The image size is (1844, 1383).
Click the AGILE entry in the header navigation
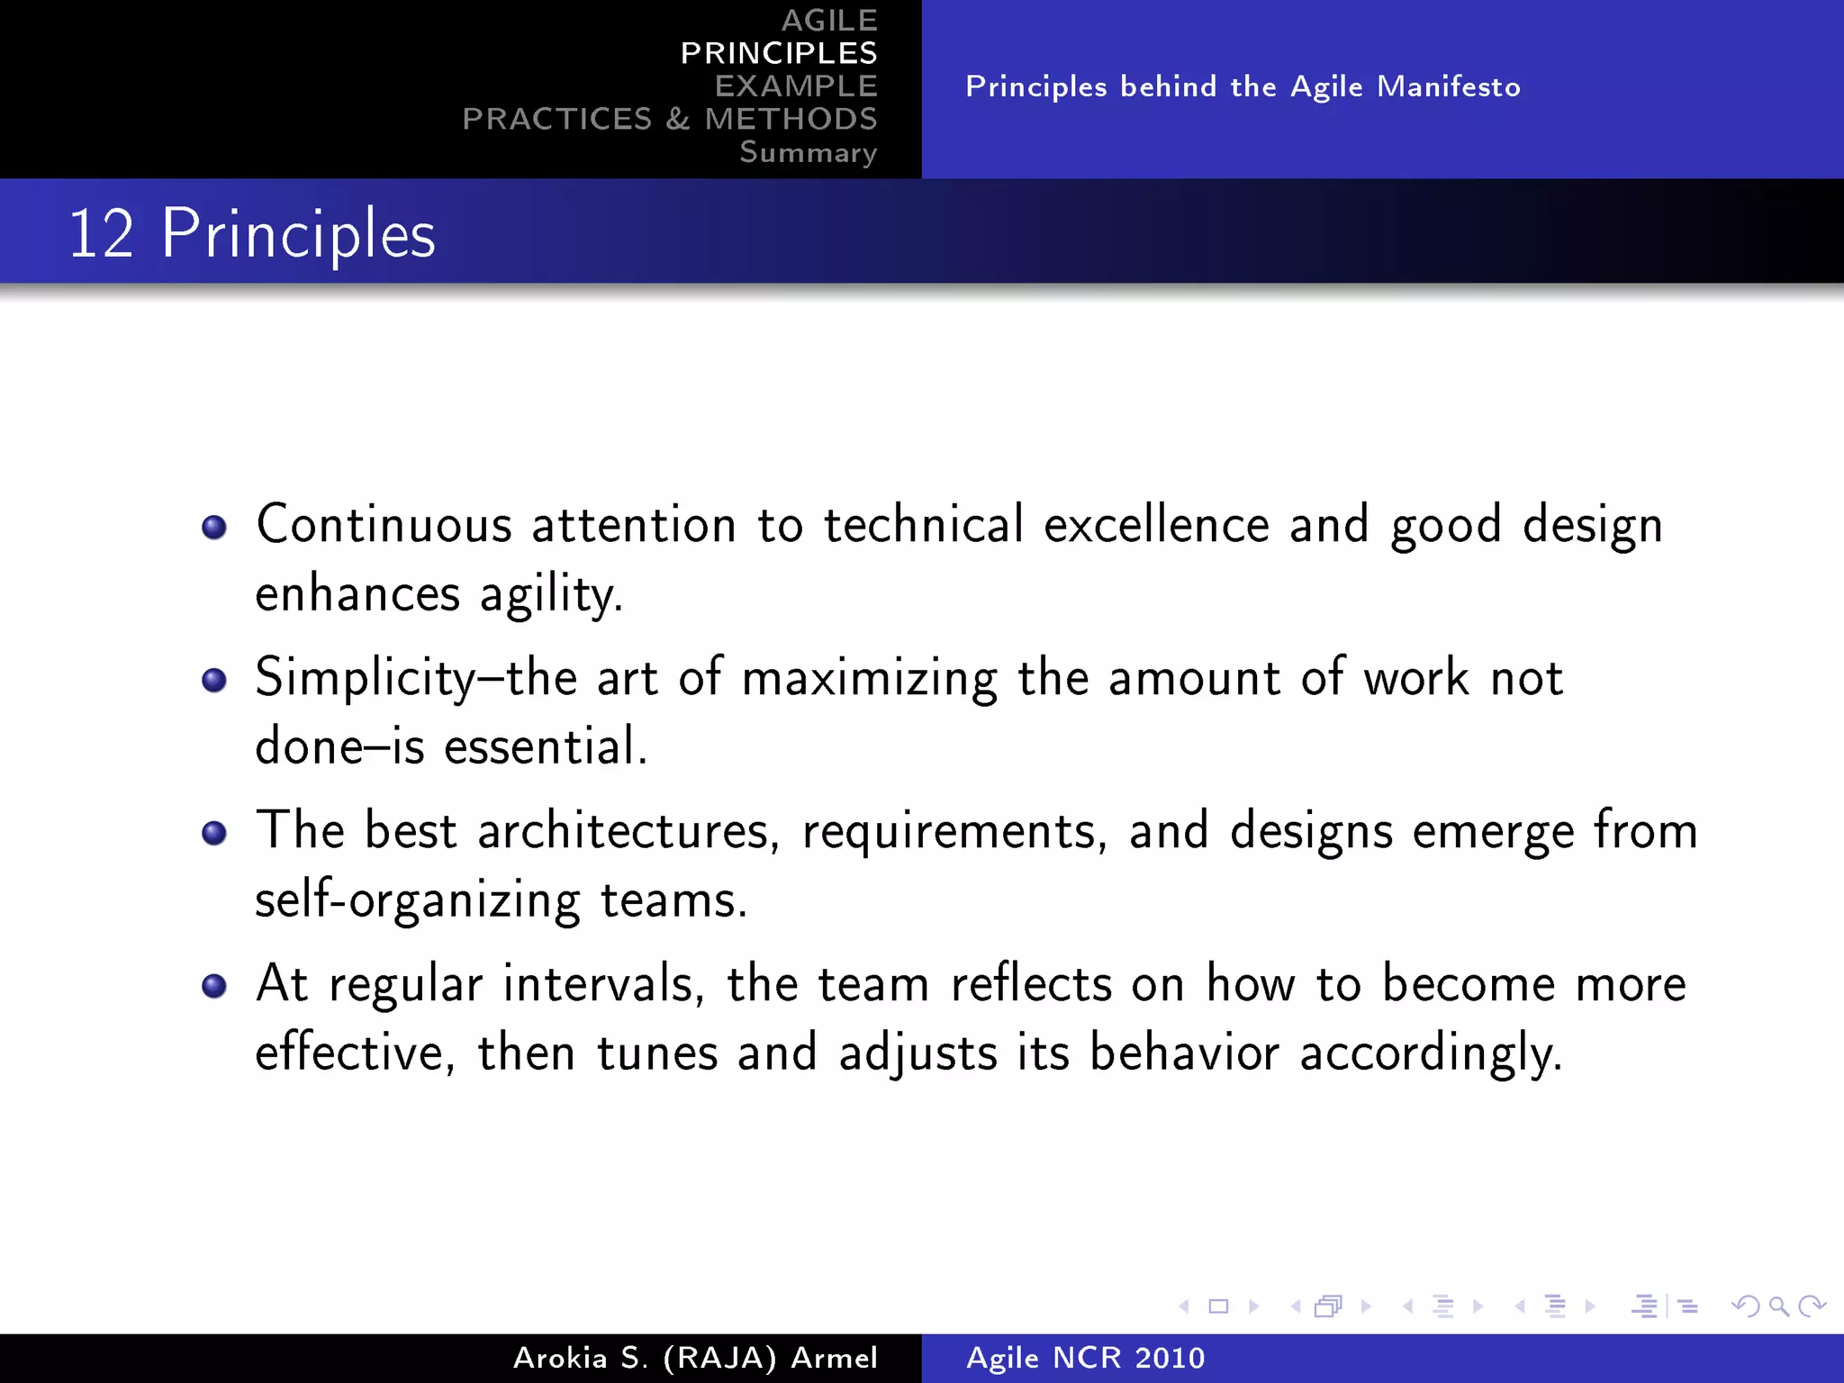point(828,20)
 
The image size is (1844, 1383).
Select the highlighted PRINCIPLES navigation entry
point(778,53)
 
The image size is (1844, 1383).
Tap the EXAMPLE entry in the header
point(796,86)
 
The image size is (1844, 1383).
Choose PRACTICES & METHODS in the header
point(669,119)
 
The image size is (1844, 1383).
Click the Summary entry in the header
point(808,152)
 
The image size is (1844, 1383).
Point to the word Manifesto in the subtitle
point(1449,86)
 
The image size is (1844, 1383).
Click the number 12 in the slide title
point(101,234)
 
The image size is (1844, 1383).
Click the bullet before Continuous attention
point(214,527)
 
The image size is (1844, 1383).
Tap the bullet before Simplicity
point(214,680)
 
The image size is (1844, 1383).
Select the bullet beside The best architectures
point(214,833)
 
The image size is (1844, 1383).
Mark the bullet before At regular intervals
point(214,986)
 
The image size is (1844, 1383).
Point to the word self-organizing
point(418,900)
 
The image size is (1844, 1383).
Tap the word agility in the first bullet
point(550,595)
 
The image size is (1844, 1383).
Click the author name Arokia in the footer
point(560,1358)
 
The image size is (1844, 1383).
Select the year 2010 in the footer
point(1169,1358)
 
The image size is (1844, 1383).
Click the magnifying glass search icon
point(1778,1306)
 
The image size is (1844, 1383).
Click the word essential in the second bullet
point(545,747)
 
